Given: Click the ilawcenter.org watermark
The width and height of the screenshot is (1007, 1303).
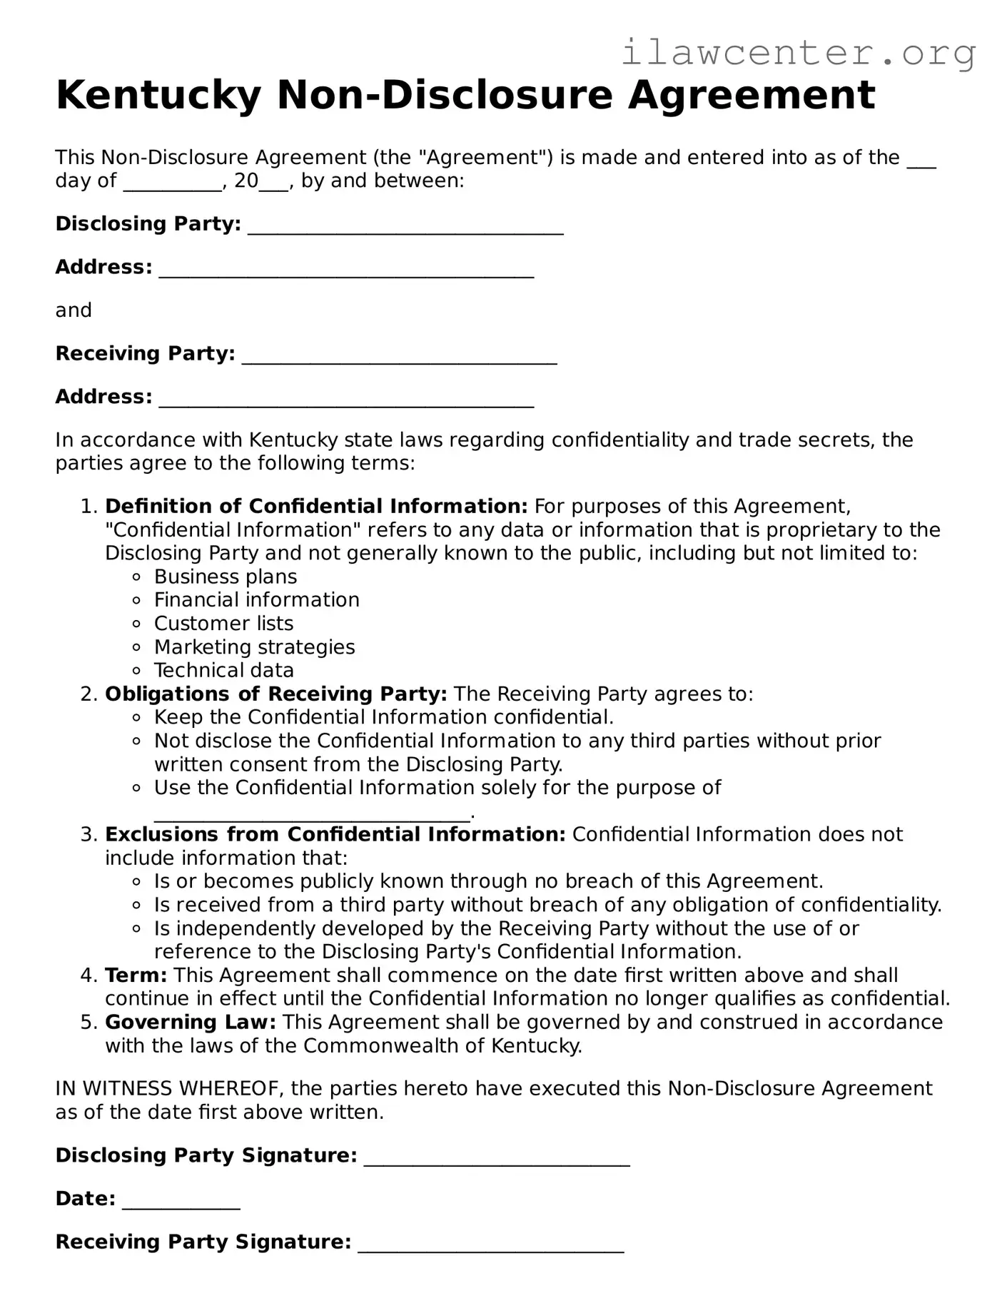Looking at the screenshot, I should click(x=798, y=54).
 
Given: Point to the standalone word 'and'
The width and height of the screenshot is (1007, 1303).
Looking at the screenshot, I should click(x=74, y=310).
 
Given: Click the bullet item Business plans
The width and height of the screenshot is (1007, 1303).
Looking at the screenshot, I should click(x=226, y=577).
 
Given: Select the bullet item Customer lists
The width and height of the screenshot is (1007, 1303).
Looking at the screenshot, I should click(x=223, y=624).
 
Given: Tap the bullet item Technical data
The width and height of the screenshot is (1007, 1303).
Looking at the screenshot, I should click(x=224, y=671).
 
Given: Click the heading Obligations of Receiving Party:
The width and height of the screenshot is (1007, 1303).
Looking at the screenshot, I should click(x=276, y=694).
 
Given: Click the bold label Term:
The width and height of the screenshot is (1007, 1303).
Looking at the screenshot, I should click(x=136, y=975).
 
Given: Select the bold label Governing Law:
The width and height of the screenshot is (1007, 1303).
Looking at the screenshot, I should click(x=191, y=1023).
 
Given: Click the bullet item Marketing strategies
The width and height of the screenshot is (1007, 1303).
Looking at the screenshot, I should click(x=254, y=647).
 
